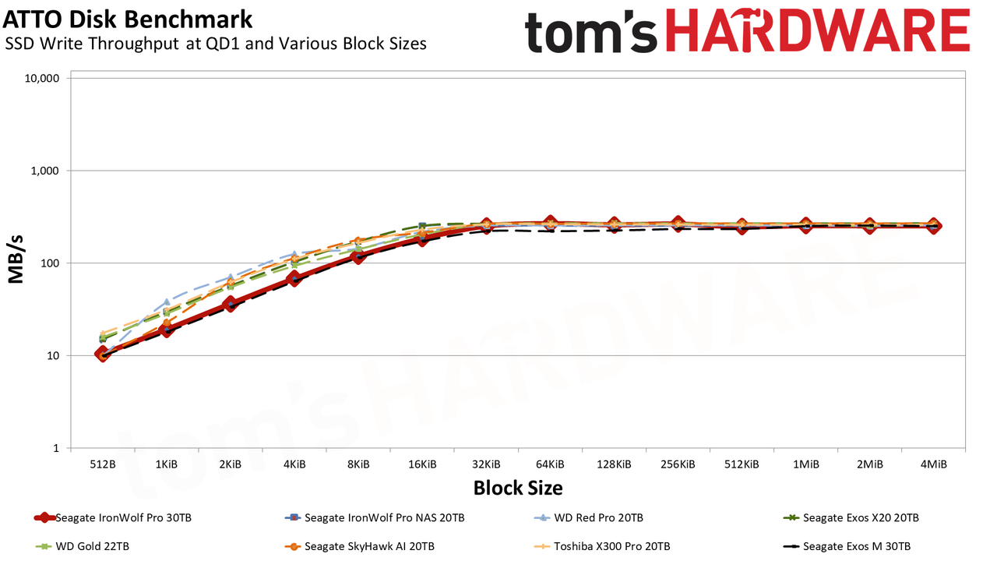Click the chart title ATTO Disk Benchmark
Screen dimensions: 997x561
(127, 19)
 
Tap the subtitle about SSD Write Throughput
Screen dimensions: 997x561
(216, 44)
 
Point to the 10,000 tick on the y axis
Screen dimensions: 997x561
(42, 79)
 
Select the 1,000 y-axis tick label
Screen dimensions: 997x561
(45, 171)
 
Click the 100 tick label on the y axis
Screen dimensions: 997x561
(50, 263)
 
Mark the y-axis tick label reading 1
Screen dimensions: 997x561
(56, 448)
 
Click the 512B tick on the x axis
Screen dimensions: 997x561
(103, 464)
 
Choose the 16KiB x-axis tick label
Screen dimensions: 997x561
(422, 464)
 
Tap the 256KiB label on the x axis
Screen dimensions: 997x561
(678, 464)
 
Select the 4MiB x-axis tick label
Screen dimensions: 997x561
(933, 464)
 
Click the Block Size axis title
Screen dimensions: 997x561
(518, 488)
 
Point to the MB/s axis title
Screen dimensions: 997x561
(16, 259)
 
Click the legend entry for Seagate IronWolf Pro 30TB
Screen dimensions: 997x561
(113, 518)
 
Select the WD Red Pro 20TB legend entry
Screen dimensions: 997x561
(588, 518)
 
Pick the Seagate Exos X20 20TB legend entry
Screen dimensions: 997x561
(851, 518)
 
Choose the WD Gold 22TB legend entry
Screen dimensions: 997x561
(83, 546)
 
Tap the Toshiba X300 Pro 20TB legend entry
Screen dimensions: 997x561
(602, 546)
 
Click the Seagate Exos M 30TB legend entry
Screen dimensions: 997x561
(847, 546)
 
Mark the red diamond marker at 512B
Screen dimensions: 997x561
(103, 355)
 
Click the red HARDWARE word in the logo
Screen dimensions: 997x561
(818, 30)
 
